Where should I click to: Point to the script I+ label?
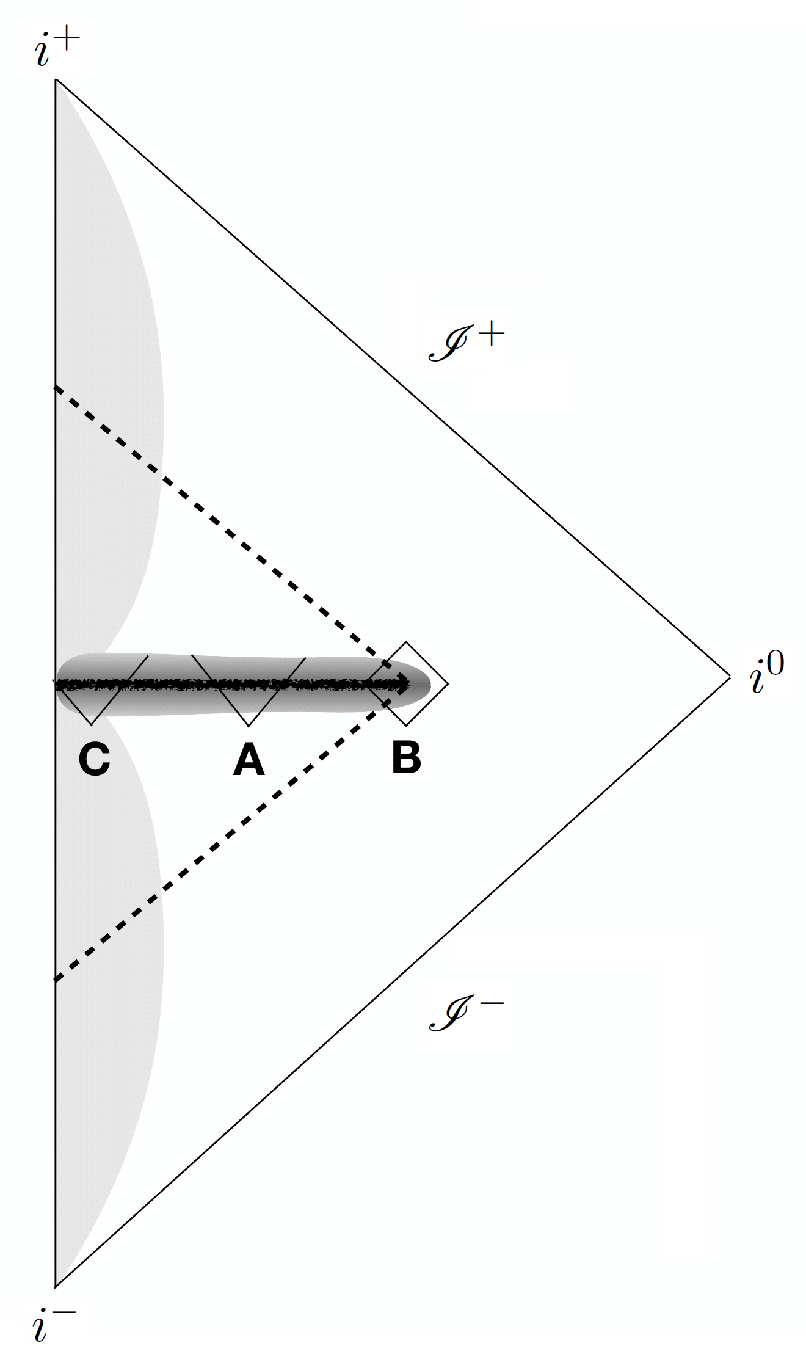467,343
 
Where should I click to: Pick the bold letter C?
94,760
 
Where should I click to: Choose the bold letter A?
249,760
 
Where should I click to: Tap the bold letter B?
406,758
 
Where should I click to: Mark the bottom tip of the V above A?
249,726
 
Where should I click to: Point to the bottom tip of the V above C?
91,725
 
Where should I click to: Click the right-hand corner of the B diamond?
448,683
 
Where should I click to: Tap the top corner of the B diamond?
407,642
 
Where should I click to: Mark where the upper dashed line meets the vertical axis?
56,387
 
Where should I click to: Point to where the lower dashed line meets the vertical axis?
56,981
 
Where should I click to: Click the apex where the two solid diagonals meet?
730,676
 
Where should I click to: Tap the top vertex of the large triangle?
56,79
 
